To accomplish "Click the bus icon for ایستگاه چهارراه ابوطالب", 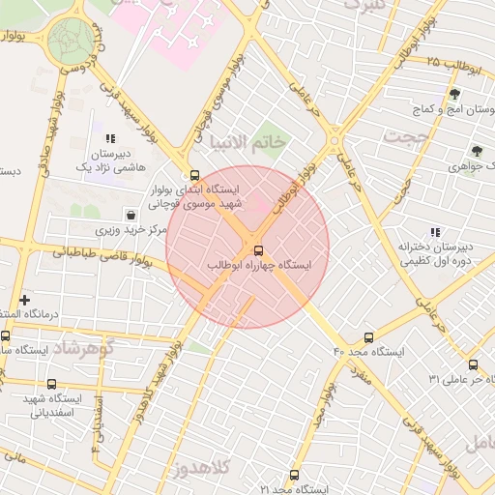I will pyautogui.click(x=256, y=249).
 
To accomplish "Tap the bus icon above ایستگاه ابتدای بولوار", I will pyautogui.click(x=196, y=176).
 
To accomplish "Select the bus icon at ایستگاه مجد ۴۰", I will pyautogui.click(x=368, y=337).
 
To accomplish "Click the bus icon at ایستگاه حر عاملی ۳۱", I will pyautogui.click(x=473, y=364).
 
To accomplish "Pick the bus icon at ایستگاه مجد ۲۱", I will pyautogui.click(x=295, y=476).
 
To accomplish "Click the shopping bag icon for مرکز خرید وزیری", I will pyautogui.click(x=131, y=215).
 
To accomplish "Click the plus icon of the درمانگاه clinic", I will pyautogui.click(x=24, y=301).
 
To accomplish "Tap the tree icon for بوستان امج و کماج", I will pyautogui.click(x=454, y=94).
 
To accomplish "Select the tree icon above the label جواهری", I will pyautogui.click(x=476, y=151).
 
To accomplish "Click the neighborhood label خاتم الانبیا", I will pyautogui.click(x=254, y=142).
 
